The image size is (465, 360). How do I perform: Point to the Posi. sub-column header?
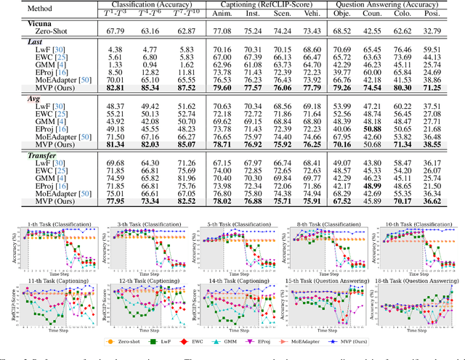432,15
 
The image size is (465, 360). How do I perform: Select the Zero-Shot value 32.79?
432,33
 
